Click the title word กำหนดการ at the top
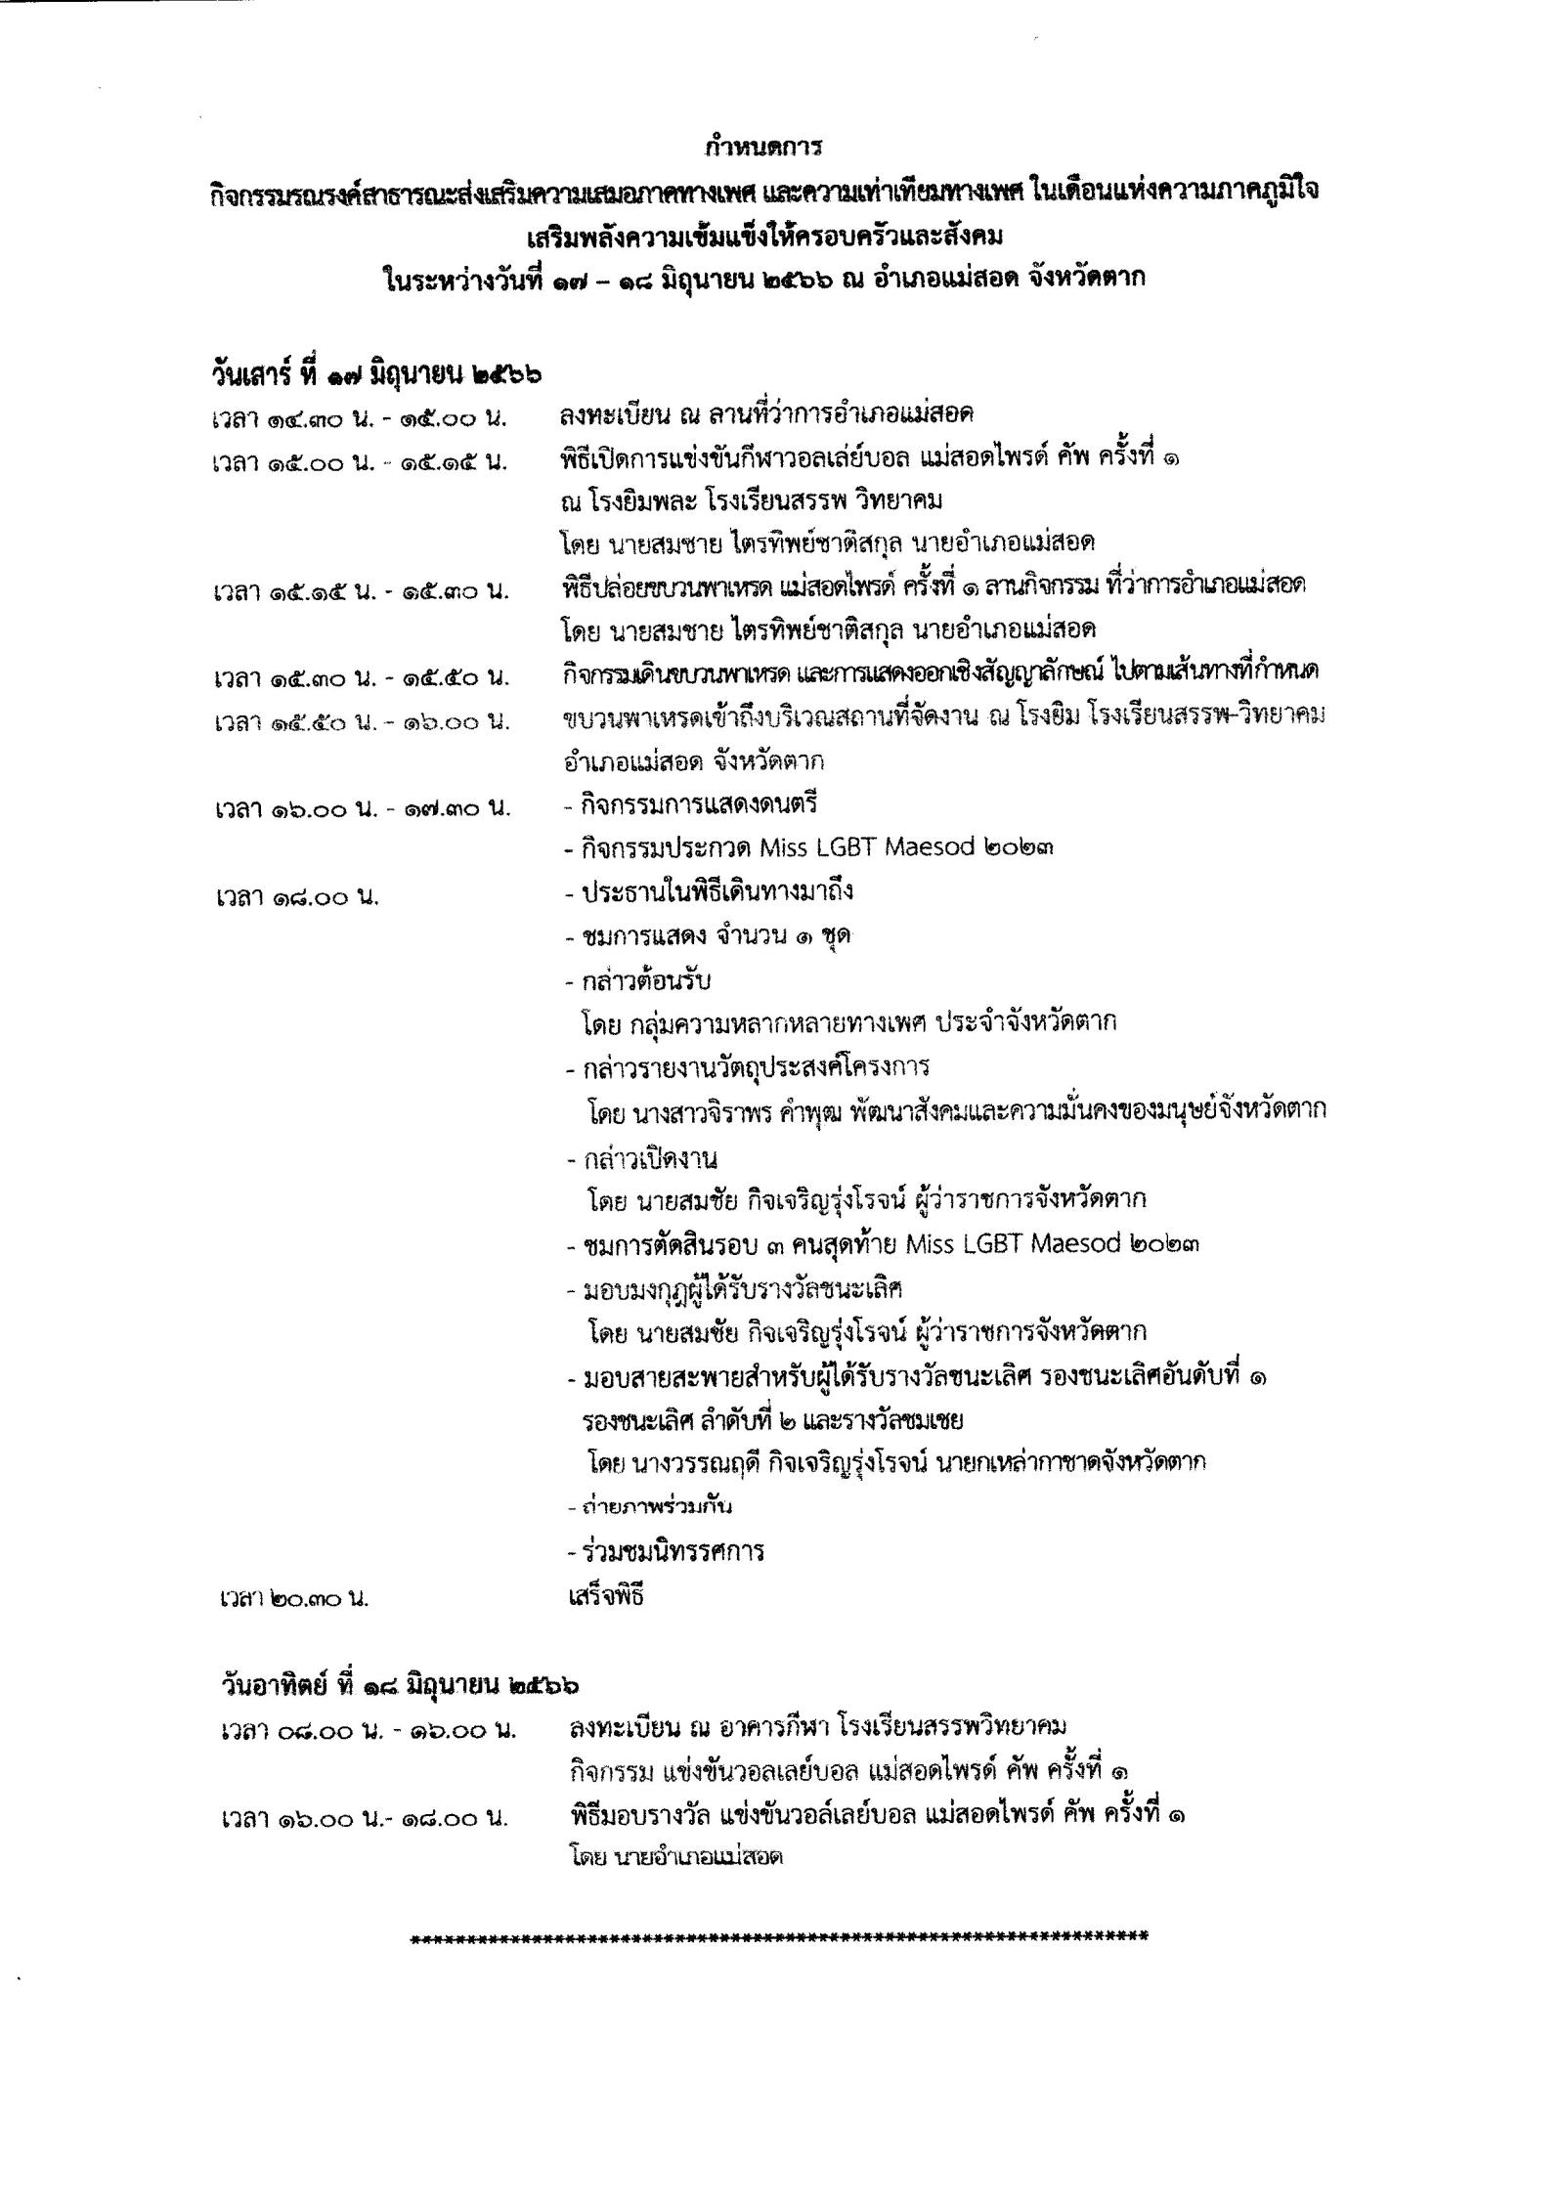763,149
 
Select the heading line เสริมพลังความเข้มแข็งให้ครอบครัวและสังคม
763,236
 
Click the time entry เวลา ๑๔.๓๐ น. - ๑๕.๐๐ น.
359,419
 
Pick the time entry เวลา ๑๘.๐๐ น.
297,896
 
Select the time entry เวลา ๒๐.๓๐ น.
293,1599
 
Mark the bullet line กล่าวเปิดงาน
642,1159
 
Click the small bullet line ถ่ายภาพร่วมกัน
649,1506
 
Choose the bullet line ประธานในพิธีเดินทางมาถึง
710,891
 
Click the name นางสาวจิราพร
706,1111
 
